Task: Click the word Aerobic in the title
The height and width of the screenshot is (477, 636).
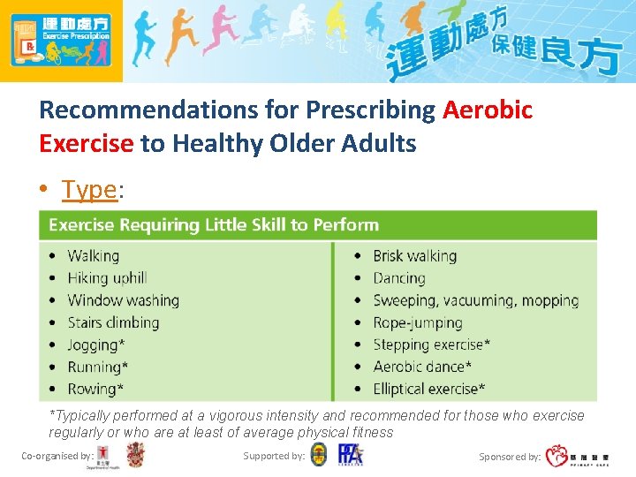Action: [x=488, y=110]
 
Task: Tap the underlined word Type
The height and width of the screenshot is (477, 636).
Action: [x=89, y=189]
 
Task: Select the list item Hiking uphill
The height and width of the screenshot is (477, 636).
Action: [x=107, y=278]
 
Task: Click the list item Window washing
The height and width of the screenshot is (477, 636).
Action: [x=123, y=300]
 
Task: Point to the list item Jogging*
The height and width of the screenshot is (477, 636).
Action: [x=98, y=344]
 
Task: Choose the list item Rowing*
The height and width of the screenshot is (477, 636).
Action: [x=95, y=389]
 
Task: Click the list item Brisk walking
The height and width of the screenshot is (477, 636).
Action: [x=414, y=256]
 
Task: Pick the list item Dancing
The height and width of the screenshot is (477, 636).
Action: [x=399, y=278]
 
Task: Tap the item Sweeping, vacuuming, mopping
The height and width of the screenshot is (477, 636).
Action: [x=475, y=300]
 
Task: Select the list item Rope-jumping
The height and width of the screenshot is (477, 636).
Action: [x=418, y=322]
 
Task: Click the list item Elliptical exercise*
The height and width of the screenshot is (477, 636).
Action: [x=429, y=389]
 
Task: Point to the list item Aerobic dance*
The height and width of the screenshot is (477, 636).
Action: [x=422, y=367]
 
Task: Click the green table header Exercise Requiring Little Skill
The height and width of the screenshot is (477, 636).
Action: [x=214, y=225]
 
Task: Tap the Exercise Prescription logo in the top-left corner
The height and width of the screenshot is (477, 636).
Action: [x=61, y=41]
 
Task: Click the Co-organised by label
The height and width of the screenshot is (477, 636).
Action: [x=57, y=456]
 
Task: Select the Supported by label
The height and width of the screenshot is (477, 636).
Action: [x=274, y=456]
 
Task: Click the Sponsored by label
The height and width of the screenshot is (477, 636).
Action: [x=510, y=457]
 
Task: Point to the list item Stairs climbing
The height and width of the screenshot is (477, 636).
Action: [x=113, y=322]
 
